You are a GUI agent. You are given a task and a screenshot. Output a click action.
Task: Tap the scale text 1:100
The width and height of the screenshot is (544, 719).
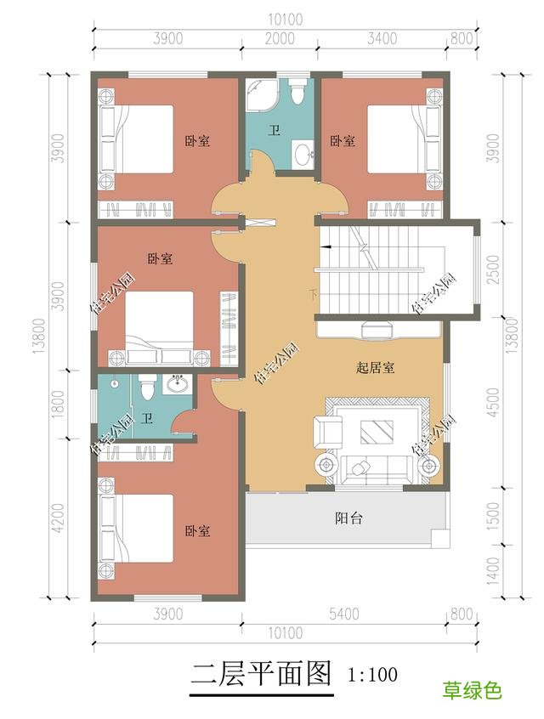[372, 676]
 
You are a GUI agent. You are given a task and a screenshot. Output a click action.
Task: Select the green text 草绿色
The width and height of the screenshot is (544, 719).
[472, 690]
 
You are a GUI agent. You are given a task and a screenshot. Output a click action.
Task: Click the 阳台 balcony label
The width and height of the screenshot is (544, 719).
[348, 518]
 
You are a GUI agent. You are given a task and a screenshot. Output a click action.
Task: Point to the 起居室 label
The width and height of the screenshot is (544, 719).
[375, 368]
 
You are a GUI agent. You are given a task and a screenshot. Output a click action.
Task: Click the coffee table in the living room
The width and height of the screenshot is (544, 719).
[376, 433]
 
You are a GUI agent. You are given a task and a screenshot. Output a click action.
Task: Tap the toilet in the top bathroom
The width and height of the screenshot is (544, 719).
[297, 92]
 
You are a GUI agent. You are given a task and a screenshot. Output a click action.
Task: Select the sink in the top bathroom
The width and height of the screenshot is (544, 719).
[303, 155]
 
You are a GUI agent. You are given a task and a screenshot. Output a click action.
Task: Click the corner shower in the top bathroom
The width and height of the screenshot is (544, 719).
[260, 96]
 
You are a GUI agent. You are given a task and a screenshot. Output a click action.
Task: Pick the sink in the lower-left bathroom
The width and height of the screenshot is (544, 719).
[178, 385]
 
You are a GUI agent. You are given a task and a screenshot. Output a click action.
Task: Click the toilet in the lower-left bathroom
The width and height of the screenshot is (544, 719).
[145, 387]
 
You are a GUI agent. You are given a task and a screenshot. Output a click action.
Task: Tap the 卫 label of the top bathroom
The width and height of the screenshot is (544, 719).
[275, 130]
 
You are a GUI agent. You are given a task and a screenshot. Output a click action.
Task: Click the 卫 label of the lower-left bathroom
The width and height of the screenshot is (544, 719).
[147, 419]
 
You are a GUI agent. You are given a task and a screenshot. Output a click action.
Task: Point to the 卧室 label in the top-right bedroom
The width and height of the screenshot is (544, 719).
[343, 140]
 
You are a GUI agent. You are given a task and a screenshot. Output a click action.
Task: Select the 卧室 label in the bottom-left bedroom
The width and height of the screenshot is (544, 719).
[197, 531]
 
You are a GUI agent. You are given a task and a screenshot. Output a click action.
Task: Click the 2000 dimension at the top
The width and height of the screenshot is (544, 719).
[279, 38]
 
